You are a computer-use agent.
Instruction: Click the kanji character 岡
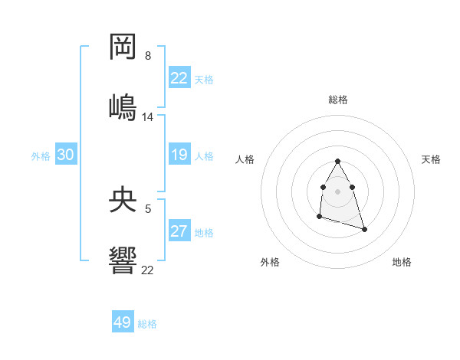(x=123, y=48)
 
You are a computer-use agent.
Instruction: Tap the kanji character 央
(x=123, y=201)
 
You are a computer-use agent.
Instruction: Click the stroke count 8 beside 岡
(x=148, y=56)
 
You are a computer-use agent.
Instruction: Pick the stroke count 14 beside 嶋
(x=148, y=117)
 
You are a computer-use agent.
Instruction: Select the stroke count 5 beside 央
(x=148, y=207)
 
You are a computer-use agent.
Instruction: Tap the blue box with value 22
(x=179, y=78)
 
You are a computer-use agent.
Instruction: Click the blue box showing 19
(x=179, y=155)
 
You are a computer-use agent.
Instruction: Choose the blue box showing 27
(x=179, y=231)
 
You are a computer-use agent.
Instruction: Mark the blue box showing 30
(x=66, y=155)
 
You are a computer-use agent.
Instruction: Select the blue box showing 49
(x=123, y=322)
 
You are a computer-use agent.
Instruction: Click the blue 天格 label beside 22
(x=204, y=80)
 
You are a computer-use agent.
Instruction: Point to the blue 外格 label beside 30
(x=41, y=156)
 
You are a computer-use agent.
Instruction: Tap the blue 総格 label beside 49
(x=147, y=324)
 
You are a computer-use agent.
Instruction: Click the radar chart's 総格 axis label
(x=338, y=100)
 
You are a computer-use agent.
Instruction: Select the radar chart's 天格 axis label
(x=432, y=159)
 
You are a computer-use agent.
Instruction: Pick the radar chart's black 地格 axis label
(x=402, y=262)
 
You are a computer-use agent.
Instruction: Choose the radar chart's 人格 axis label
(x=245, y=159)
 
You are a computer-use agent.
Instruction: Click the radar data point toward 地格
(x=364, y=229)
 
